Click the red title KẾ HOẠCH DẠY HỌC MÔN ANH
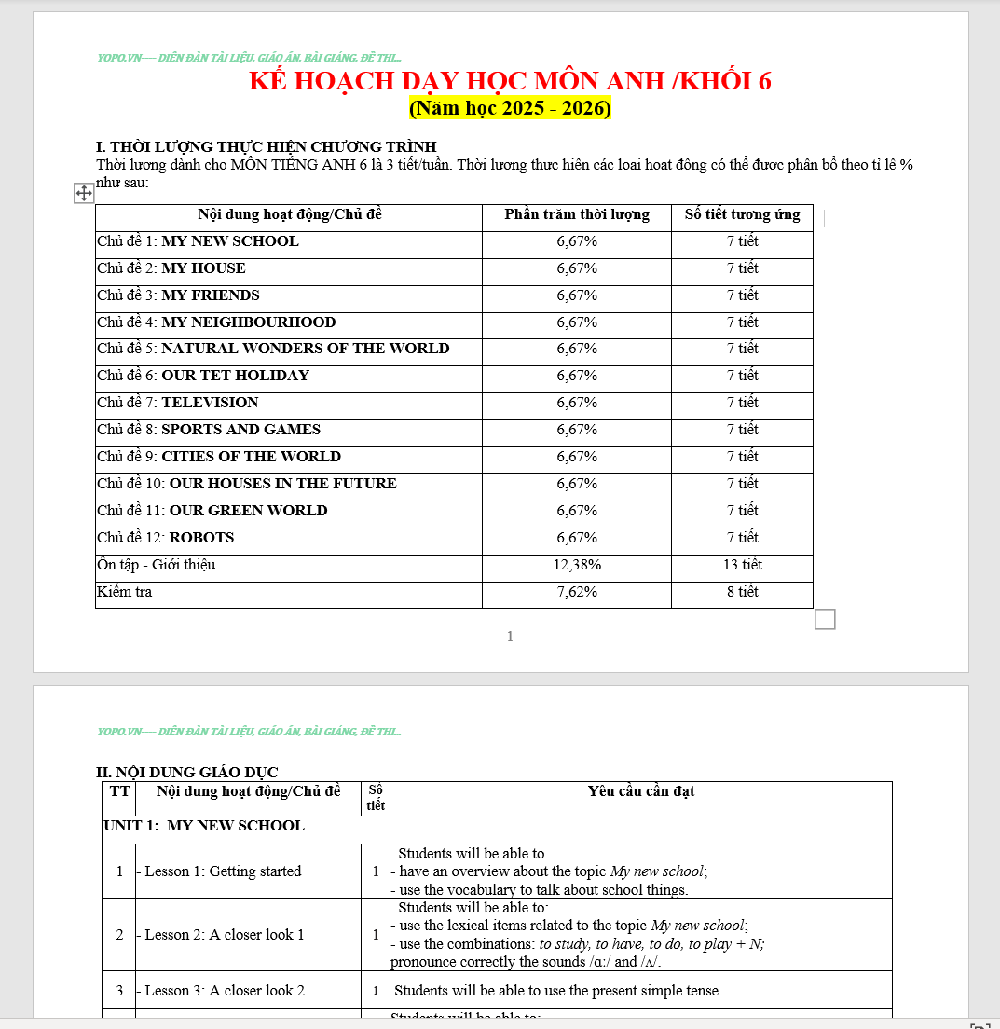(x=510, y=81)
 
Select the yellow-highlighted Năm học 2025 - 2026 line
(x=510, y=108)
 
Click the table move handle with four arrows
(x=83, y=193)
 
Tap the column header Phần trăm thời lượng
(x=577, y=214)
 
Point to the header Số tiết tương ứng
(x=742, y=214)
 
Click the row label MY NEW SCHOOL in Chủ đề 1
(x=229, y=241)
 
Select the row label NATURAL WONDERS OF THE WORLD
(x=305, y=349)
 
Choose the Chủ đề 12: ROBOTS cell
(x=166, y=538)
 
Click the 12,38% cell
(x=577, y=565)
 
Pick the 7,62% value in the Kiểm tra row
(x=577, y=592)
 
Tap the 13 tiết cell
(x=742, y=565)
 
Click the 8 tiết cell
(x=742, y=592)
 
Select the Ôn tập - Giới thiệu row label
(x=157, y=565)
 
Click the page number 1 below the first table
(x=510, y=637)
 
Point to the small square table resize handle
(x=825, y=619)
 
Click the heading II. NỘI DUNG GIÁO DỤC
(x=187, y=772)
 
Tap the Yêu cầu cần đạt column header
(x=641, y=791)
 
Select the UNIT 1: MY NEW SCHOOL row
(x=204, y=826)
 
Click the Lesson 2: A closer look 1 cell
(x=224, y=935)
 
